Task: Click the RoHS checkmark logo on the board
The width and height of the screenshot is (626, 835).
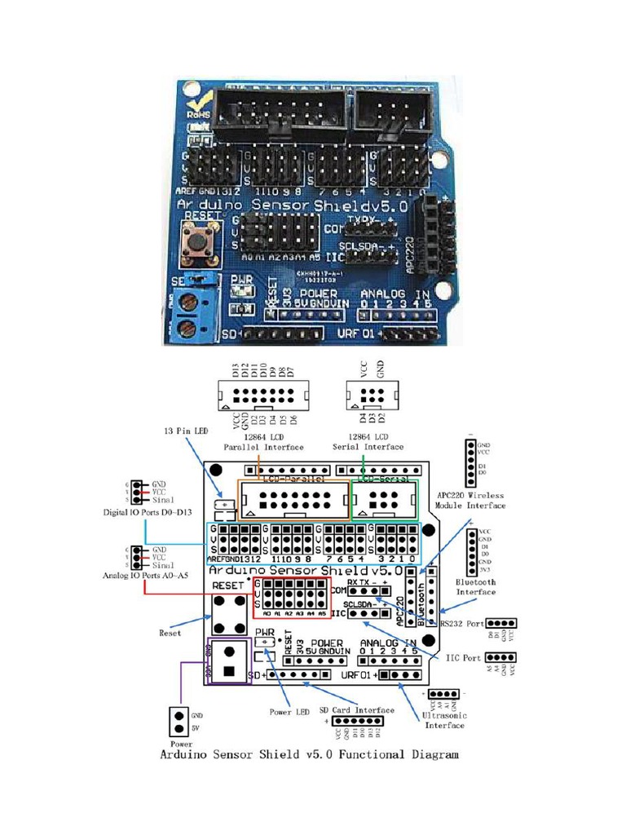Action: coord(198,107)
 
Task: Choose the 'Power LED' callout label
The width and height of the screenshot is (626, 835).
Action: coord(291,712)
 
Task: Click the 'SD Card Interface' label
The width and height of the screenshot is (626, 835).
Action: coord(356,709)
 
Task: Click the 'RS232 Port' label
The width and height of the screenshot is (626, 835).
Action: coord(461,624)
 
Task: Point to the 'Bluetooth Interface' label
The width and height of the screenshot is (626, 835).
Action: coord(476,586)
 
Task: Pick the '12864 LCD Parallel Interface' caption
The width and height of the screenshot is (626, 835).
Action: coord(264,442)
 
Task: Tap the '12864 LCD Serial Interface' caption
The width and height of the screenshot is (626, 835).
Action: coord(368,442)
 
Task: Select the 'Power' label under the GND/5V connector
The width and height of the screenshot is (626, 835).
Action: coord(181,744)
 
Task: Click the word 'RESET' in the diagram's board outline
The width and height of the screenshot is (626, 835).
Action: coord(227,585)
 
